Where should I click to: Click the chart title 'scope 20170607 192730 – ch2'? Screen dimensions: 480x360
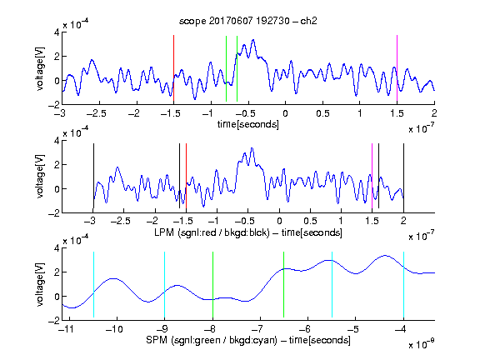tap(248, 21)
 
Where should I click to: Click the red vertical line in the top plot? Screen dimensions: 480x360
tap(173, 68)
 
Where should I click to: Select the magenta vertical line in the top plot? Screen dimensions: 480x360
tap(397, 68)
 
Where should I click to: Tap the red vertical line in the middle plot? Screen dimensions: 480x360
tap(186, 176)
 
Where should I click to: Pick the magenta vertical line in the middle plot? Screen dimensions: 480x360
tap(372, 176)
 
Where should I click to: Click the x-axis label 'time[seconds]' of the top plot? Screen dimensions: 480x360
tap(248, 124)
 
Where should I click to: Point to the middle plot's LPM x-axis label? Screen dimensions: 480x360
tap(248, 232)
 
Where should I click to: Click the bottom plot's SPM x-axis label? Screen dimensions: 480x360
tap(248, 340)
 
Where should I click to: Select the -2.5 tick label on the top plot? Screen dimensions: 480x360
tap(96, 113)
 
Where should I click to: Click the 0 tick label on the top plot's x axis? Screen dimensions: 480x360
tap(285, 113)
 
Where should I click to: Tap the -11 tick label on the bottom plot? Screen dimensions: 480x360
tap(67, 329)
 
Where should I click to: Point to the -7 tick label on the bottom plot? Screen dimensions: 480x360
tap(257, 329)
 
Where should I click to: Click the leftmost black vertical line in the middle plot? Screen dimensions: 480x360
tap(93, 176)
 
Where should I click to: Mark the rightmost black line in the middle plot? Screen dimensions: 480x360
tap(404, 176)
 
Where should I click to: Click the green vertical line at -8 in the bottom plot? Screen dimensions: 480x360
tap(212, 284)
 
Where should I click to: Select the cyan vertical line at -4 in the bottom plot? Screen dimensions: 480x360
tap(403, 284)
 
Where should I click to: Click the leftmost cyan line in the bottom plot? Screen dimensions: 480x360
tap(93, 284)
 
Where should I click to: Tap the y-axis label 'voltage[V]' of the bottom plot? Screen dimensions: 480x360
tap(40, 284)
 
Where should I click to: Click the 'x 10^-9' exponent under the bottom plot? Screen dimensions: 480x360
tap(422, 344)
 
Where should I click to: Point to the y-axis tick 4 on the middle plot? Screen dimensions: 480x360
tap(57, 141)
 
